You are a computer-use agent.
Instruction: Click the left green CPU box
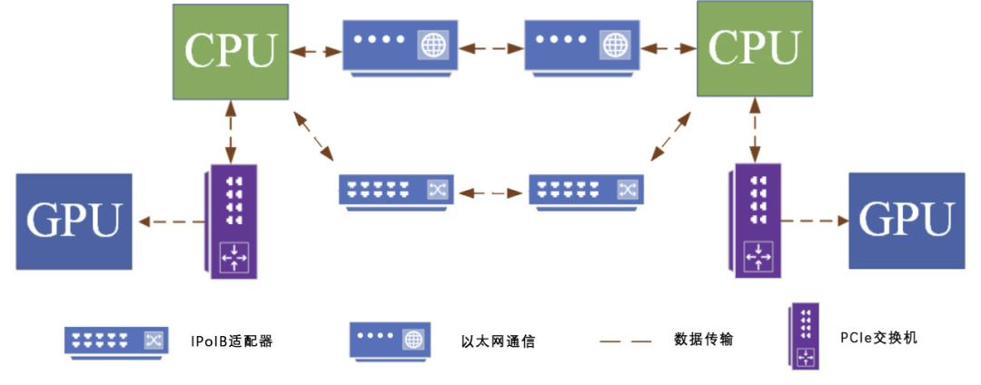coord(231,51)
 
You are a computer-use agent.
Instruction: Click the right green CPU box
coord(754,50)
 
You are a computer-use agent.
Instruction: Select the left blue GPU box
coord(74,222)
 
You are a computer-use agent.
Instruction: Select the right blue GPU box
coord(906,219)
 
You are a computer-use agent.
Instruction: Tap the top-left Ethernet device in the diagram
coord(396,45)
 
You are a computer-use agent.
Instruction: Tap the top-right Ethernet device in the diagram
coord(580,45)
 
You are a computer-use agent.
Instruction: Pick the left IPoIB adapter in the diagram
coord(396,191)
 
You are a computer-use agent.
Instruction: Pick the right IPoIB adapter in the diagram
coord(587,191)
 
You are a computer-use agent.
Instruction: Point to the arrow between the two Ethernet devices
coord(488,45)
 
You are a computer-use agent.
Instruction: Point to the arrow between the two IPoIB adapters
coord(491,192)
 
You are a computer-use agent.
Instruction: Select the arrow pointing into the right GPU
coord(813,220)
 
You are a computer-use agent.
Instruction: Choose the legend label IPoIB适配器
coord(233,341)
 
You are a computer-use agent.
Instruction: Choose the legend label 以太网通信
coord(498,341)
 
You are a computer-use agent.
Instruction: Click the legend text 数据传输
coord(704,340)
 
